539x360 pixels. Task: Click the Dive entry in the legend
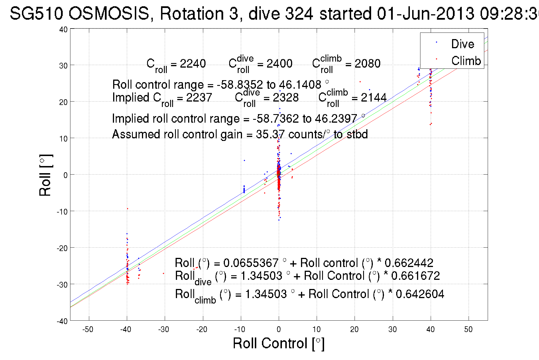pyautogui.click(x=462, y=44)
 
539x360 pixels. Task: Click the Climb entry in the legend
pyautogui.click(x=466, y=61)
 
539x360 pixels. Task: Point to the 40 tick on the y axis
pyautogui.click(x=63, y=29)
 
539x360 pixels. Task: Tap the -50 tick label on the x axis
pyautogui.click(x=88, y=329)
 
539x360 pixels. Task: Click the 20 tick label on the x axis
pyautogui.click(x=354, y=329)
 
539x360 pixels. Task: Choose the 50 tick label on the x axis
pyautogui.click(x=468, y=329)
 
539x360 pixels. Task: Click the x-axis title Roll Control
pyautogui.click(x=278, y=343)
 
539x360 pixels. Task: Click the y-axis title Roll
pyautogui.click(x=45, y=175)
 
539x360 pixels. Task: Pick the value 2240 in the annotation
pyautogui.click(x=193, y=64)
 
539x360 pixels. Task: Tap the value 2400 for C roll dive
pyautogui.click(x=279, y=64)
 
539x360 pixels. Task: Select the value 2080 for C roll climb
pyautogui.click(x=367, y=64)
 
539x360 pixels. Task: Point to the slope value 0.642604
pyautogui.click(x=420, y=294)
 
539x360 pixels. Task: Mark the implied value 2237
pyautogui.click(x=199, y=98)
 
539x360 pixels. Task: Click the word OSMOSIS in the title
pyautogui.click(x=109, y=13)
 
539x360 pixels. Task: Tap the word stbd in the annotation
pyautogui.click(x=357, y=134)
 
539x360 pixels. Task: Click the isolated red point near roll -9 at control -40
pyautogui.click(x=127, y=209)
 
